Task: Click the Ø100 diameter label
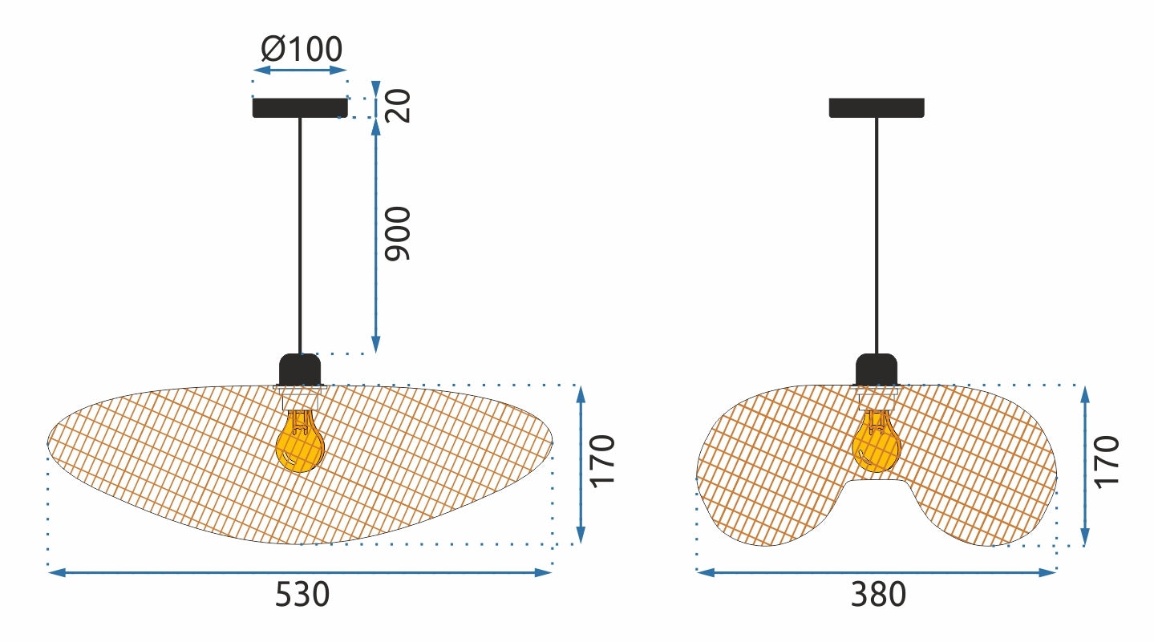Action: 302,50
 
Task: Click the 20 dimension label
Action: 399,105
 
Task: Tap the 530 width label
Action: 302,596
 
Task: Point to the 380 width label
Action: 877,596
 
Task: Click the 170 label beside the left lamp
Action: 603,460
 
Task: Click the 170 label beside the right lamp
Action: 1107,460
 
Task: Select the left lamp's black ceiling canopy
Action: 300,107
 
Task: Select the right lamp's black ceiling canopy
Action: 877,107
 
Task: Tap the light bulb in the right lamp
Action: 876,443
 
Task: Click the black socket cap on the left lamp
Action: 300,369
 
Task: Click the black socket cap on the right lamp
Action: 877,369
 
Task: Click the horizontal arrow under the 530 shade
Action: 300,572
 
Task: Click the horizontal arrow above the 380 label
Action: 877,572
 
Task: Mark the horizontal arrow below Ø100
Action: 300,71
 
